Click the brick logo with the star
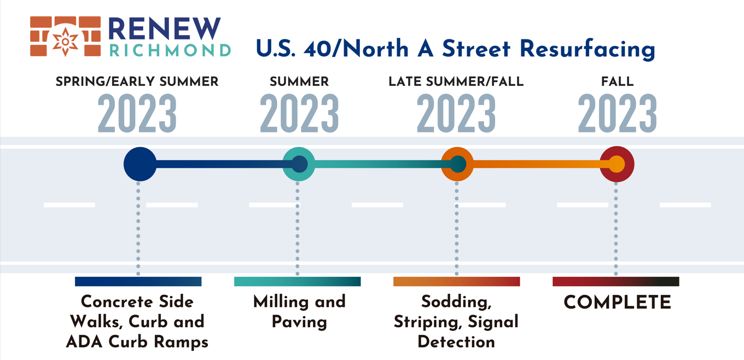pyautogui.click(x=66, y=36)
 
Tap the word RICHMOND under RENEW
pyautogui.click(x=170, y=50)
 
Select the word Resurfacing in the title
pyautogui.click(x=587, y=49)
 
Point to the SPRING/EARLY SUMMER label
pyautogui.click(x=137, y=82)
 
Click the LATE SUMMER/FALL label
pyautogui.click(x=456, y=82)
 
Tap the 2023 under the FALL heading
pyautogui.click(x=617, y=113)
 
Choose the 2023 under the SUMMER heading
pyautogui.click(x=299, y=113)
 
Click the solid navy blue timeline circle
pyautogui.click(x=140, y=164)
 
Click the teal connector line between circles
pyautogui.click(x=379, y=164)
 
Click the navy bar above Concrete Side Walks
pyautogui.click(x=138, y=282)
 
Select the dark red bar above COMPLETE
pyautogui.click(x=616, y=282)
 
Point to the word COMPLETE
pyautogui.click(x=618, y=302)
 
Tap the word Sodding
pyautogui.click(x=456, y=302)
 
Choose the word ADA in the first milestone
pyautogui.click(x=84, y=342)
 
